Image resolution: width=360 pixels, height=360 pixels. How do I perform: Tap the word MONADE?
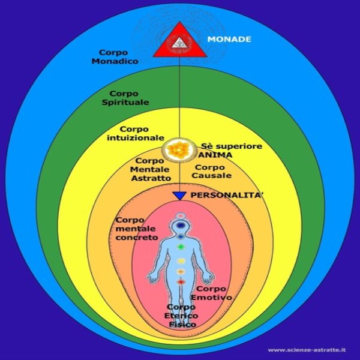pyautogui.click(x=229, y=40)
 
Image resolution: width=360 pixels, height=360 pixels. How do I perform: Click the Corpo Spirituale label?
pyautogui.click(x=130, y=98)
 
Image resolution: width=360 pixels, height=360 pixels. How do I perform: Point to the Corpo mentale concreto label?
pyautogui.click(x=136, y=229)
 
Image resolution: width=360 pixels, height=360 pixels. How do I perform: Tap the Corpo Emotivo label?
pyautogui.click(x=211, y=293)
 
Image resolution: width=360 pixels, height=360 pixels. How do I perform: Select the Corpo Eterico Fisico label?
pyautogui.click(x=181, y=315)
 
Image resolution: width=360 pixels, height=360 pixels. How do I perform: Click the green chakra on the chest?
pyautogui.click(x=180, y=246)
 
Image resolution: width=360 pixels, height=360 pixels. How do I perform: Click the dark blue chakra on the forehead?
pyautogui.click(x=180, y=223)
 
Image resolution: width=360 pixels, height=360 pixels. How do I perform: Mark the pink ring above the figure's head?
pyautogui.click(x=180, y=213)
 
